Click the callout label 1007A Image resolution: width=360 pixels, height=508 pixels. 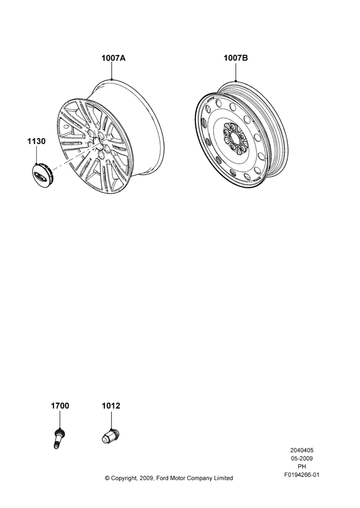tap(113, 58)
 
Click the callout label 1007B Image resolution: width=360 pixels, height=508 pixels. tap(236, 58)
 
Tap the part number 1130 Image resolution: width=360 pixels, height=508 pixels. tap(36, 141)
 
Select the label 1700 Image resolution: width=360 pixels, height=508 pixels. tap(60, 405)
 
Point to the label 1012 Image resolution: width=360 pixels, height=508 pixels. tap(111, 405)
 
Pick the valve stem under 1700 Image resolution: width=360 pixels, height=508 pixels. tap(58, 438)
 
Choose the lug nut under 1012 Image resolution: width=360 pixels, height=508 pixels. tap(110, 436)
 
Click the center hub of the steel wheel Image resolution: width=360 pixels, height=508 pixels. tap(236, 138)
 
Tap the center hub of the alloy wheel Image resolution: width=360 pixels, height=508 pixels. tap(98, 143)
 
